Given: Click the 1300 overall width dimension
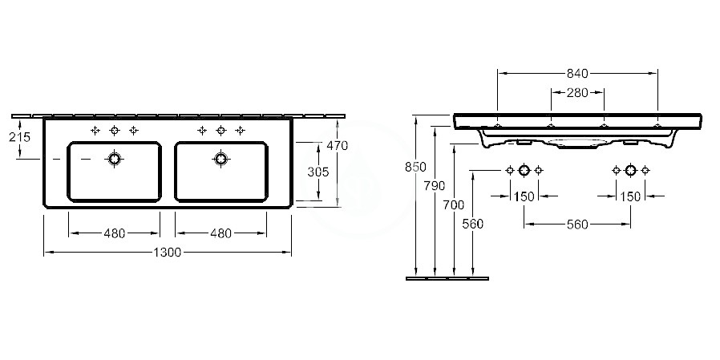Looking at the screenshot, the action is tap(167, 252).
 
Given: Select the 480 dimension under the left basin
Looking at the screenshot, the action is tap(114, 233).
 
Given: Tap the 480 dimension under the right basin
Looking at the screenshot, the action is tap(220, 233).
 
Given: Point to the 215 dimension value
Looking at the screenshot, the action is tap(20, 137).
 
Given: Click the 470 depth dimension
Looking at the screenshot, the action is tap(337, 146).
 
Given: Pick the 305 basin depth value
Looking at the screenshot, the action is tap(318, 172).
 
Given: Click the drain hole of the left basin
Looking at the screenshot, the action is tap(115, 159).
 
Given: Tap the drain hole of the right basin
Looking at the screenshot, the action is tap(220, 159).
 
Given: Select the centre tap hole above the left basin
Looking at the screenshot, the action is tap(115, 131).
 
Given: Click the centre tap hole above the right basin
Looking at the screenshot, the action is tap(220, 131).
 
